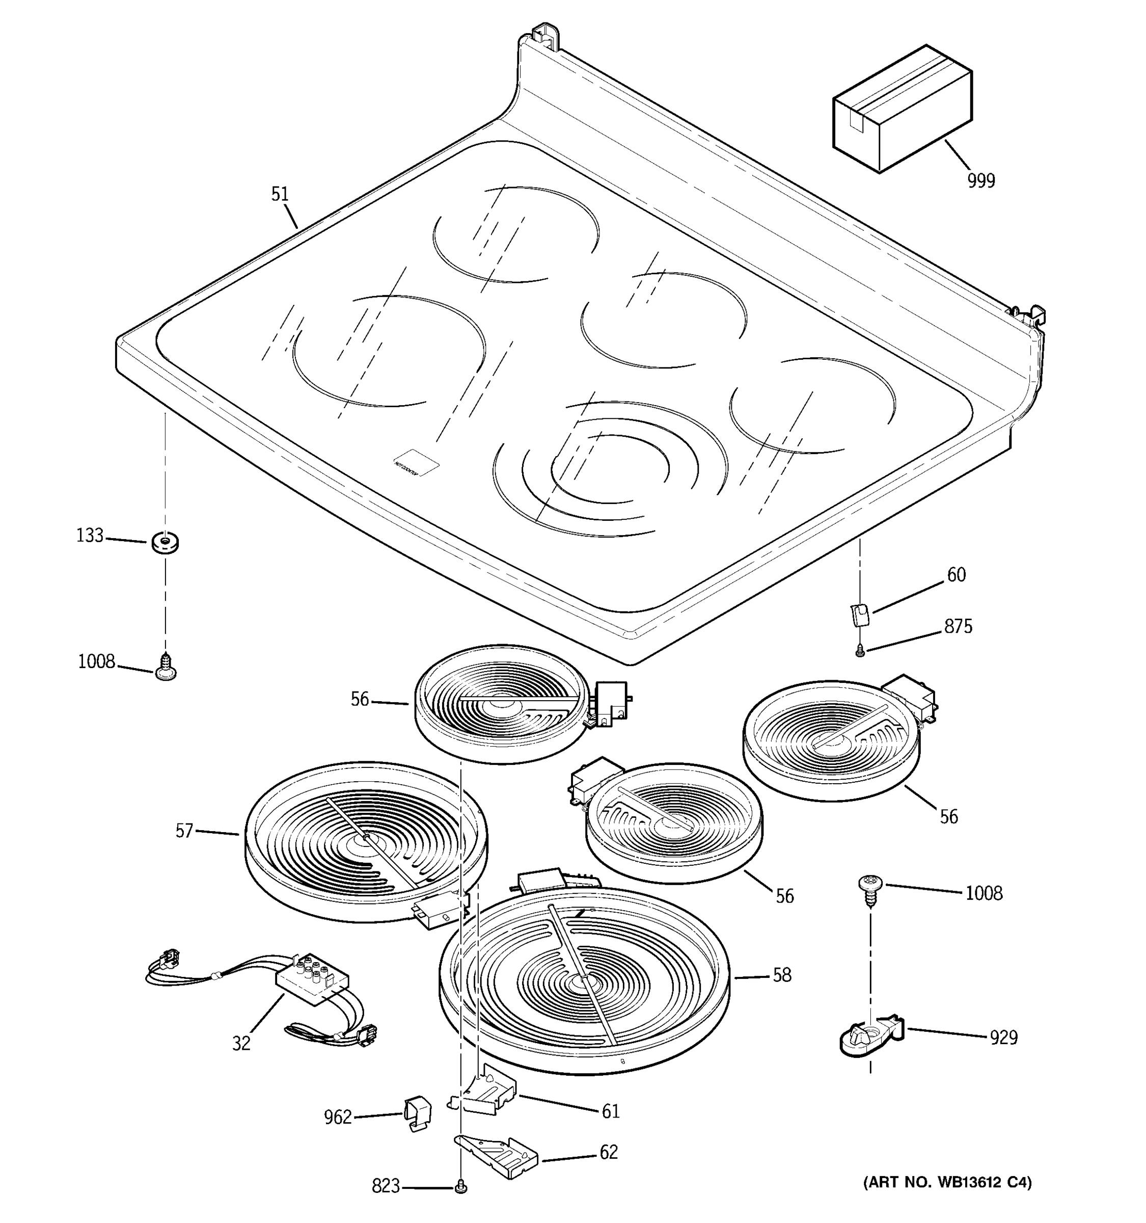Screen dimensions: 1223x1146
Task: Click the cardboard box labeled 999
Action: click(x=902, y=110)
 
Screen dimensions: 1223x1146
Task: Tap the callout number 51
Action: click(x=280, y=194)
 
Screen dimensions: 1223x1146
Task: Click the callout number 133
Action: click(x=90, y=536)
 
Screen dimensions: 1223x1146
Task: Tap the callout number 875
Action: click(x=958, y=627)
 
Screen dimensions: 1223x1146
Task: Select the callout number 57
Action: click(x=184, y=831)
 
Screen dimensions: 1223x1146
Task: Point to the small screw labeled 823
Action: click(x=460, y=1188)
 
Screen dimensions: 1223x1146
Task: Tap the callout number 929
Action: click(x=1003, y=1039)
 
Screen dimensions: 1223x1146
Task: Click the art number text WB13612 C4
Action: click(x=947, y=1182)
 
